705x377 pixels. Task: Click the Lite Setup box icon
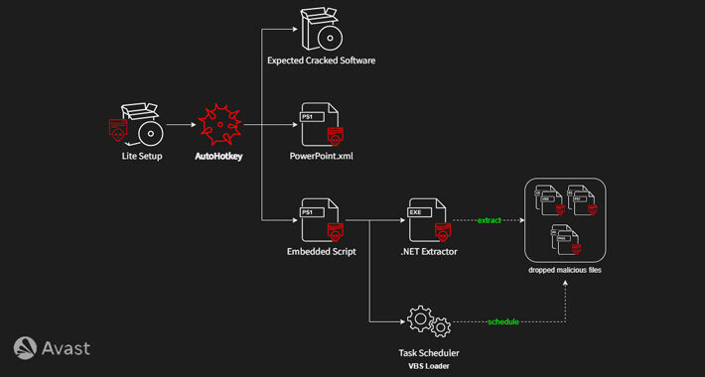tap(137, 125)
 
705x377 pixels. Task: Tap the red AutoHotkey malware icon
tap(219, 126)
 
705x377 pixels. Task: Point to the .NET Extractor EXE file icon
tap(428, 221)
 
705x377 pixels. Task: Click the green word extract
tap(489, 219)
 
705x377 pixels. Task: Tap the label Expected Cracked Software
tap(322, 62)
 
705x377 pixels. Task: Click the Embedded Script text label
tap(322, 253)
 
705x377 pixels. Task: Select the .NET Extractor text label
tap(428, 253)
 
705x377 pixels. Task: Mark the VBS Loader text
tap(429, 365)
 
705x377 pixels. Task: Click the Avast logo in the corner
tap(52, 347)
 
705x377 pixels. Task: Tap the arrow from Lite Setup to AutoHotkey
tap(179, 126)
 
